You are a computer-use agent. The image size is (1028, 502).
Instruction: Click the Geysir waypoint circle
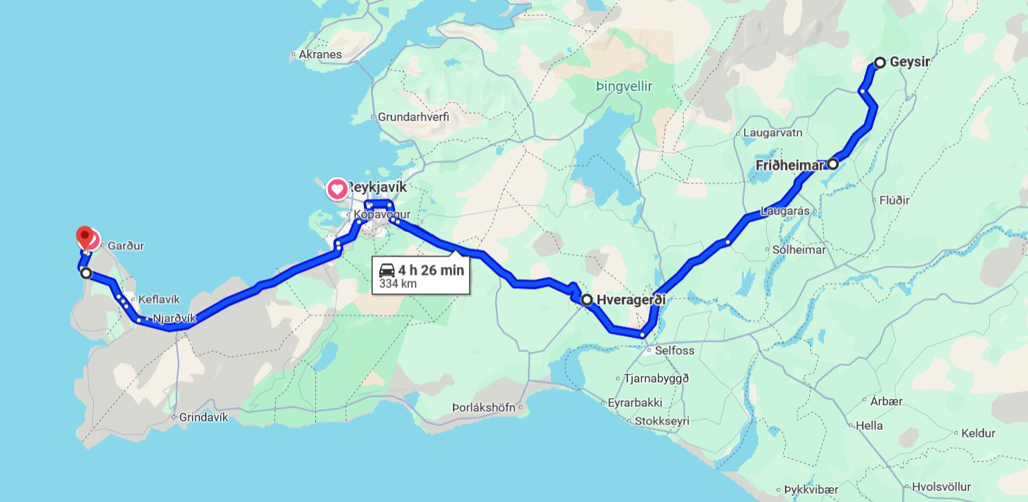click(x=879, y=62)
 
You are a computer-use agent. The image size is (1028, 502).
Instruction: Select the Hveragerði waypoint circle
click(x=587, y=300)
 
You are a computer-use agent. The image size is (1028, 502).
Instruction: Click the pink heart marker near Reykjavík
click(x=337, y=188)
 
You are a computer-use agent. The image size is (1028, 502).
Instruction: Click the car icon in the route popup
click(x=387, y=270)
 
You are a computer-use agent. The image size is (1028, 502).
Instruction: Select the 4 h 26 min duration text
click(x=431, y=270)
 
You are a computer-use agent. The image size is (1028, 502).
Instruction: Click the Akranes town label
click(x=320, y=54)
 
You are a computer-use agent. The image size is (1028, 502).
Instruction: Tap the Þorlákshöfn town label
click(x=483, y=408)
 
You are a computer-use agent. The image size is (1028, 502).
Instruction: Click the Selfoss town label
click(x=674, y=351)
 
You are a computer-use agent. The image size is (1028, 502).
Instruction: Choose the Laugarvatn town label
click(x=772, y=132)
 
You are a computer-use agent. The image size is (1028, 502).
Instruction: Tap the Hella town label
click(x=869, y=425)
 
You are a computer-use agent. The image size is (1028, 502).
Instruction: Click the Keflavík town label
click(x=159, y=299)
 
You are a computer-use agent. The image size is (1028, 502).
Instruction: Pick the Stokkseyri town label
click(x=666, y=420)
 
